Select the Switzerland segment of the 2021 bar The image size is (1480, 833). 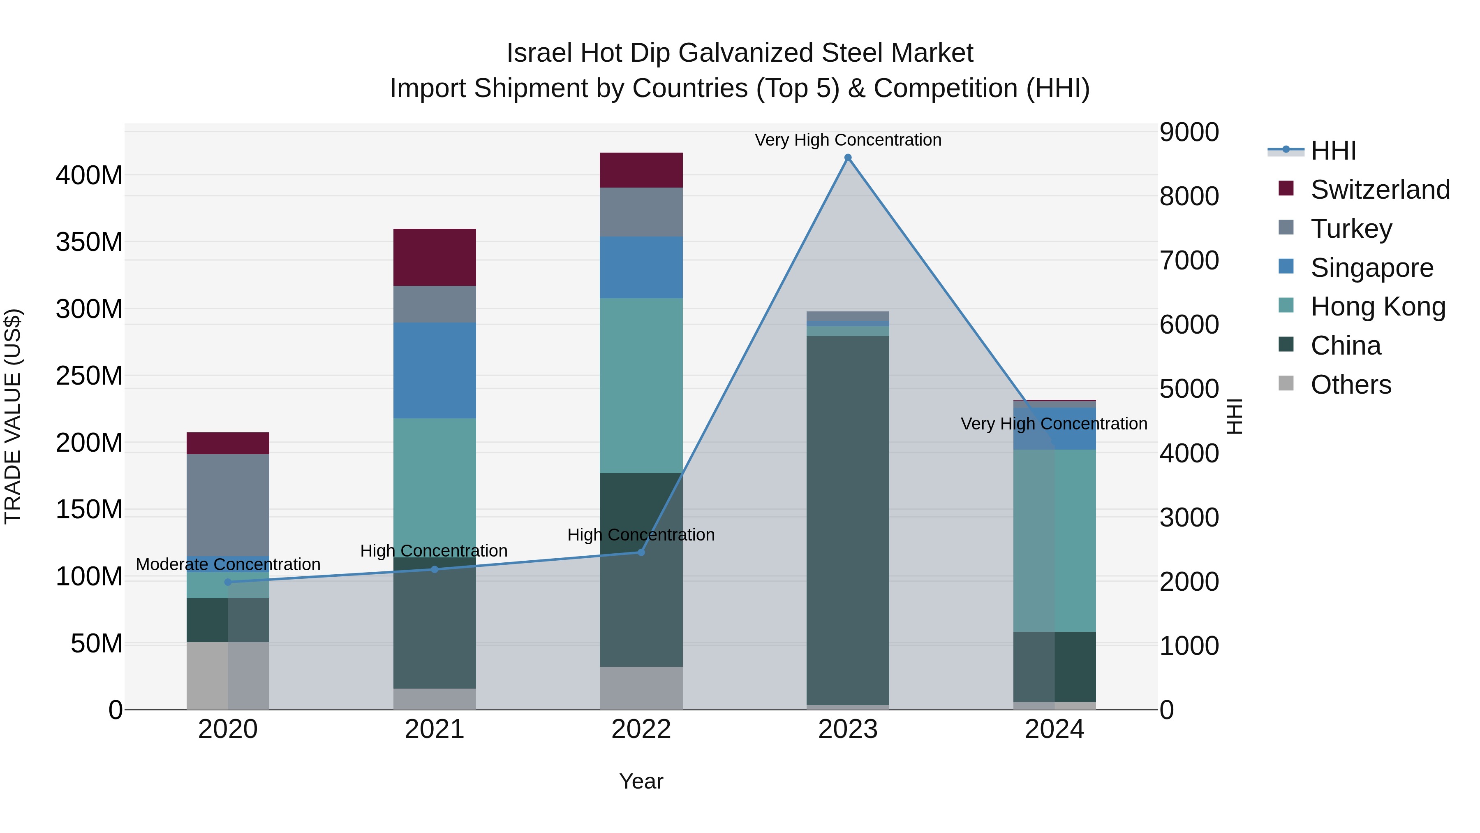435,257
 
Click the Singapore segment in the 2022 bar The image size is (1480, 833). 641,267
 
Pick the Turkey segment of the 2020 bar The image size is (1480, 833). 228,505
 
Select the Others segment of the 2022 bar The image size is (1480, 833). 641,687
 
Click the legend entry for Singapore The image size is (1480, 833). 1371,268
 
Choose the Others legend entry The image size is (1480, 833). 1350,385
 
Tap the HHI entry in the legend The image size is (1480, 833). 1333,151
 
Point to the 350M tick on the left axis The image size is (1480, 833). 89,242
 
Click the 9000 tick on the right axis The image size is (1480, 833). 1188,132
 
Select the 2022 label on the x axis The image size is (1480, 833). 641,729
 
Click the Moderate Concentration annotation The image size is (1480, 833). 228,564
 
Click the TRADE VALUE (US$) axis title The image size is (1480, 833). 13,416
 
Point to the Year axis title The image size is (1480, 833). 641,781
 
